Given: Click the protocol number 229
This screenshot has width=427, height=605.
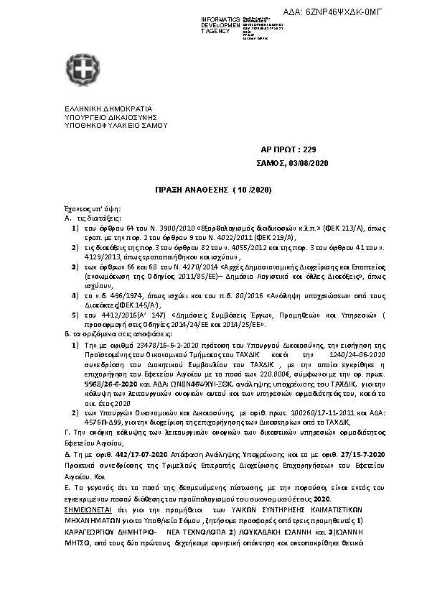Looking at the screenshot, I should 309,149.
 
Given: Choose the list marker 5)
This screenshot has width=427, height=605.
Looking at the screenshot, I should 75,315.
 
